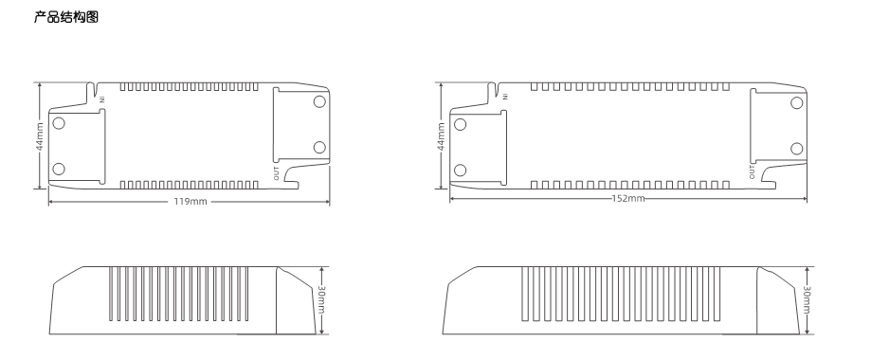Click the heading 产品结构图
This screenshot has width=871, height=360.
pos(66,17)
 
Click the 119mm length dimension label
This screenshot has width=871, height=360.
pos(191,201)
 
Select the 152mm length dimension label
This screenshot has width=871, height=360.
pos(628,198)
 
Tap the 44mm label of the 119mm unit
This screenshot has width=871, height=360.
pos(40,136)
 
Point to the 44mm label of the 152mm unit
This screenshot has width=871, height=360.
pos(441,136)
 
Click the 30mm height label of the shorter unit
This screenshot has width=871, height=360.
pos(321,300)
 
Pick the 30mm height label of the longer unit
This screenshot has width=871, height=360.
pos(807,300)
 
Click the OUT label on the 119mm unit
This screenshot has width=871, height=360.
pos(277,173)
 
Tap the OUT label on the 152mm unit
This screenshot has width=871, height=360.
pos(753,172)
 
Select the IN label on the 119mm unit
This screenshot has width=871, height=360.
pos(102,99)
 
